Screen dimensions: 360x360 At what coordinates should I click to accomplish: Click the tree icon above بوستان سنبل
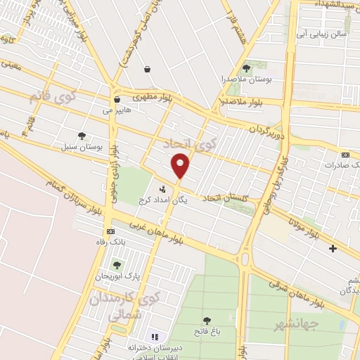[x=82, y=136]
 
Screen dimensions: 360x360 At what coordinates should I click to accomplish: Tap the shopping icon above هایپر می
[x=117, y=100]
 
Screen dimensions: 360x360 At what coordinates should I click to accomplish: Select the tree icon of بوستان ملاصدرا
[x=246, y=68]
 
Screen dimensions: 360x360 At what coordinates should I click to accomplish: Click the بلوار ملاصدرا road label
[x=242, y=103]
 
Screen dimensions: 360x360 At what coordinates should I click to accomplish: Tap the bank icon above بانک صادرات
[x=345, y=154]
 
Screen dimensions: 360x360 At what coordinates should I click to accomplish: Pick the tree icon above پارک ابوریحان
[x=116, y=265]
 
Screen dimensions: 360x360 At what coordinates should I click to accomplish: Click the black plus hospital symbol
[x=333, y=248]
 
